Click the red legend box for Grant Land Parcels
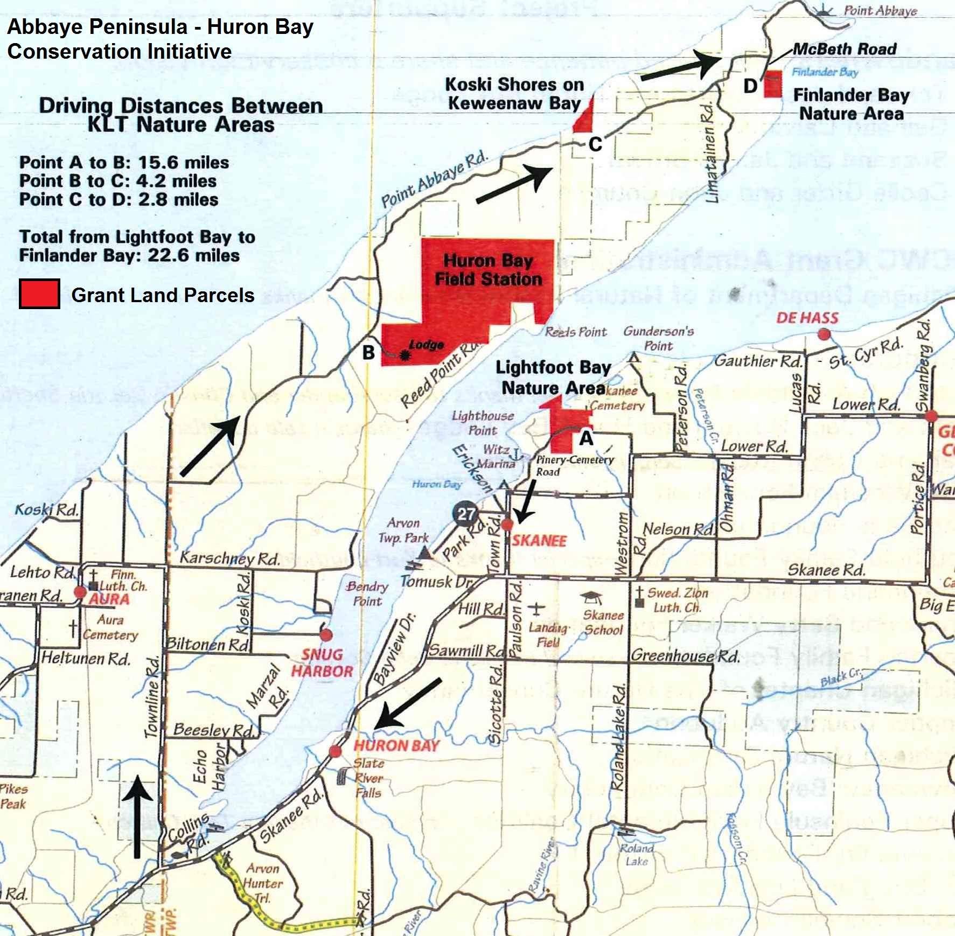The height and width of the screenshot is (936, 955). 39,294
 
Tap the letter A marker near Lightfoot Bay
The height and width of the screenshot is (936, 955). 586,438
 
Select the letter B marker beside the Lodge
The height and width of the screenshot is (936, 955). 368,353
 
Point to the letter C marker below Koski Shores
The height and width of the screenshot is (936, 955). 595,144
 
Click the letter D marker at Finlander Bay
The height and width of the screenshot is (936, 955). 750,86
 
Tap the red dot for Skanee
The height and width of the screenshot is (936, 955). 507,525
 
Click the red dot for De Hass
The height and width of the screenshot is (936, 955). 824,334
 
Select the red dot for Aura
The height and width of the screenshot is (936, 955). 80,592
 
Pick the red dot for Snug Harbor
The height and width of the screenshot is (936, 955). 326,635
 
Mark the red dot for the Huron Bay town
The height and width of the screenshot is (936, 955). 335,751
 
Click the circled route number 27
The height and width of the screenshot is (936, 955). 466,514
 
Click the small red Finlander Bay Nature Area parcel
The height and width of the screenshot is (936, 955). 773,85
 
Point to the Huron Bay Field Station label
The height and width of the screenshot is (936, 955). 488,270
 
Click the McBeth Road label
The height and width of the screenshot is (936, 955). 845,49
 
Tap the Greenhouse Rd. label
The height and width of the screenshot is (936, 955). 685,655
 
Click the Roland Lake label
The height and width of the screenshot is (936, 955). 636,855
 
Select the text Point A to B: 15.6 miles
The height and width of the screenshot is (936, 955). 124,162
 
